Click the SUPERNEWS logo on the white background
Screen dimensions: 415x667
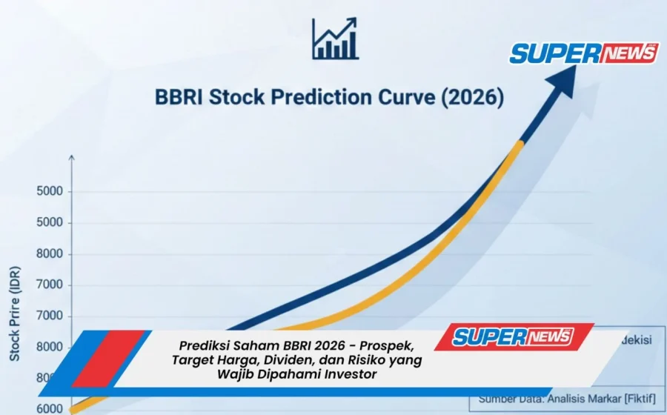[583, 53]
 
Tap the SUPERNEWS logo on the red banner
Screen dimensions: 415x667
[513, 336]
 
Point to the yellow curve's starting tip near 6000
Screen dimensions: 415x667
[73, 408]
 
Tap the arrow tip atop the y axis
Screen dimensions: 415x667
[72, 157]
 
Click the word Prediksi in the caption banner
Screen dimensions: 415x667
[205, 346]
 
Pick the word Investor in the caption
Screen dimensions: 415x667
[351, 374]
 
